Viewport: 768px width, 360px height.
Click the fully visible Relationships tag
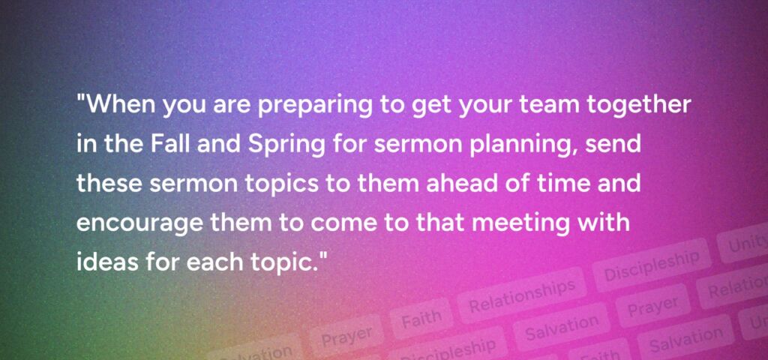pyautogui.click(x=522, y=295)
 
